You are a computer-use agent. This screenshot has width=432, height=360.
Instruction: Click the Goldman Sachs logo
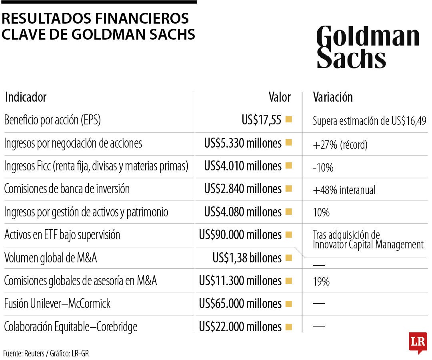[368, 47]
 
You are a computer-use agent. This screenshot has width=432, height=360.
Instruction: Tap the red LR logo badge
[418, 342]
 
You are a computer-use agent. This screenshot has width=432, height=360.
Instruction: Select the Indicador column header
[26, 97]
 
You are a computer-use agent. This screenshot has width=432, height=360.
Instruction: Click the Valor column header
[279, 97]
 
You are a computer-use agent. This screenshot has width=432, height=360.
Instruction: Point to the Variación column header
[333, 97]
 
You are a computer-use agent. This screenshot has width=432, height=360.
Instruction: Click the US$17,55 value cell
[262, 120]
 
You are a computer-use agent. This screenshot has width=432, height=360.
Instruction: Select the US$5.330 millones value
[242, 143]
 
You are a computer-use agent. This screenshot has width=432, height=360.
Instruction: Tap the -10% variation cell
[323, 168]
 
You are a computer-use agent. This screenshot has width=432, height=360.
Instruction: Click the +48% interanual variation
[344, 190]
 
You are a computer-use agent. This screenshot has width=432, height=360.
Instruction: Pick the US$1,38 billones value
[247, 258]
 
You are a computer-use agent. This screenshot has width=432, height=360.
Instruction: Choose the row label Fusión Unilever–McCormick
[57, 304]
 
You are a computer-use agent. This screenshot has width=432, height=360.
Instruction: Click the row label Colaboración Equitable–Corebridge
[70, 327]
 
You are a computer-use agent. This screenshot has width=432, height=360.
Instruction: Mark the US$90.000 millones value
[240, 235]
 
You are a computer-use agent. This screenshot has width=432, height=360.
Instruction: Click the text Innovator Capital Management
[368, 244]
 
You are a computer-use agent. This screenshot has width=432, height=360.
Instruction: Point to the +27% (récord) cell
[340, 145]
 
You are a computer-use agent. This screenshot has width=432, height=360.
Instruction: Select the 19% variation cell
[321, 282]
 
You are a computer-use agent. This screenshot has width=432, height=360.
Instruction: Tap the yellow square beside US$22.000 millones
[288, 327]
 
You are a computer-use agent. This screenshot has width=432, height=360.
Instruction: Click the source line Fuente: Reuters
[24, 353]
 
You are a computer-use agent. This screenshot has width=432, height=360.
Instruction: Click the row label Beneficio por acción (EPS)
[52, 120]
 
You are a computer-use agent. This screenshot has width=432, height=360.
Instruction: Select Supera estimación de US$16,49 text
[370, 120]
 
